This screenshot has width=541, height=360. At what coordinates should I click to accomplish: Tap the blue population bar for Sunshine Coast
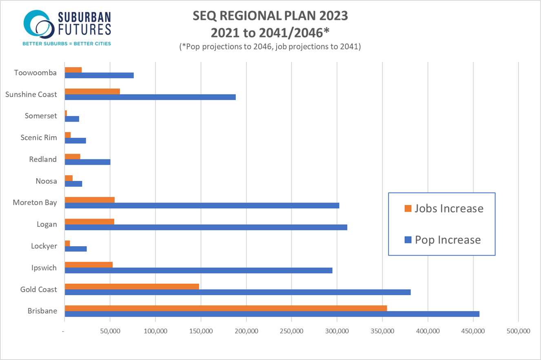[150, 97]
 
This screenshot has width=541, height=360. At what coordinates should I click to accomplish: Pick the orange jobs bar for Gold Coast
[132, 286]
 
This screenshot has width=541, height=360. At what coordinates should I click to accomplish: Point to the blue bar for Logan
[206, 227]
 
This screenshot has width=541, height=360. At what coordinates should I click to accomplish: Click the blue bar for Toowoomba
[99, 75]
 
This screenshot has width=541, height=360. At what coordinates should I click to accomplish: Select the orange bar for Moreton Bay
[90, 200]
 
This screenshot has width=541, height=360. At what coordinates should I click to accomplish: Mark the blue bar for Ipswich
[198, 270]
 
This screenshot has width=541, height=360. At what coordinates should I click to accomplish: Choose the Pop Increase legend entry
[442, 240]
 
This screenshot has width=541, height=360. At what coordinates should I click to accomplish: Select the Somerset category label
[41, 116]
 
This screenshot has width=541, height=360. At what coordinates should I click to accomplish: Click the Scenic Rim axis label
[39, 137]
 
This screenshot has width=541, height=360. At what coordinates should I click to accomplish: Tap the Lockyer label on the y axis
[44, 246]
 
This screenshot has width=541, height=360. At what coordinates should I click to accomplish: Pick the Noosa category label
[46, 181]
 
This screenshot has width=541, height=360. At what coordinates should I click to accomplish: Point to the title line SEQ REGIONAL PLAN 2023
[270, 16]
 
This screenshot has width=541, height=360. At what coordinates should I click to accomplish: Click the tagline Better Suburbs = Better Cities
[67, 43]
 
